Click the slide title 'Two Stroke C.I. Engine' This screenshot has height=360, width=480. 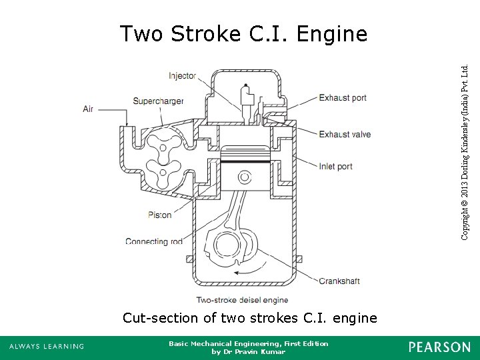coord(243,33)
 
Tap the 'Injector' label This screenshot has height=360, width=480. coord(182,75)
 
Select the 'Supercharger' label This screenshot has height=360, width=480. coord(158,101)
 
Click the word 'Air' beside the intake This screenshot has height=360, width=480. coord(88,109)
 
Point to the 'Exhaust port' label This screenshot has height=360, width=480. coord(342,98)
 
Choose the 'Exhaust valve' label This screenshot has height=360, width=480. coord(344,134)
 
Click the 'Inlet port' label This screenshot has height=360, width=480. coord(335,166)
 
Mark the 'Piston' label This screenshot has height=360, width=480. coord(160,215)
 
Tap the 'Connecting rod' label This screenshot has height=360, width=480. coord(154,241)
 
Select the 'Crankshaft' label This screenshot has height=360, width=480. coord(339,281)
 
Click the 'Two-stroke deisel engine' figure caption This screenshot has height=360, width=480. coord(242,300)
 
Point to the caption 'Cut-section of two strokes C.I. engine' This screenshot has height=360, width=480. coord(249,318)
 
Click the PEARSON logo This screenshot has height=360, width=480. coord(439,346)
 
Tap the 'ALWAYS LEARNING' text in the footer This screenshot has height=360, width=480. coord(47,346)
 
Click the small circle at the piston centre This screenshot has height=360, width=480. coord(246,177)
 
